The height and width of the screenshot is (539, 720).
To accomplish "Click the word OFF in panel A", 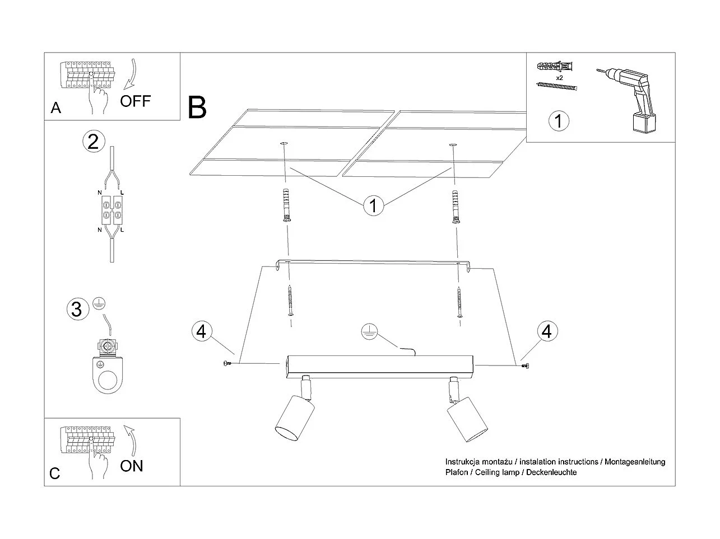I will tap(136, 101).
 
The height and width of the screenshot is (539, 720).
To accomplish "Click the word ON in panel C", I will tap(132, 466).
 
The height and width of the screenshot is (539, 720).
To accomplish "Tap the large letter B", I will tap(197, 107).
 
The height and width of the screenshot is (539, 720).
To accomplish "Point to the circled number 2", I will tap(94, 141).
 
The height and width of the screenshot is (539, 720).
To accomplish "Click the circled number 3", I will tap(77, 309).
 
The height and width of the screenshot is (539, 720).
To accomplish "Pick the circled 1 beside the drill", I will tap(558, 120).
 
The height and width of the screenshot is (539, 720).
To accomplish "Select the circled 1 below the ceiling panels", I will tap(373, 205).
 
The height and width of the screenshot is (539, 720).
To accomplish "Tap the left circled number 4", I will tap(202, 331).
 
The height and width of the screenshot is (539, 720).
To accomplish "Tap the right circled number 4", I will tap(547, 331).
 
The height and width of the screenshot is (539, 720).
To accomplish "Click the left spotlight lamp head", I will tap(290, 419).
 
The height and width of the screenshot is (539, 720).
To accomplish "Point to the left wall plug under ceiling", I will tap(286, 205).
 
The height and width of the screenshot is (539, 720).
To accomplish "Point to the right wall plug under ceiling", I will tap(456, 205).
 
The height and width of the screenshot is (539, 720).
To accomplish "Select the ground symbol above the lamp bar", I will tap(368, 332).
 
